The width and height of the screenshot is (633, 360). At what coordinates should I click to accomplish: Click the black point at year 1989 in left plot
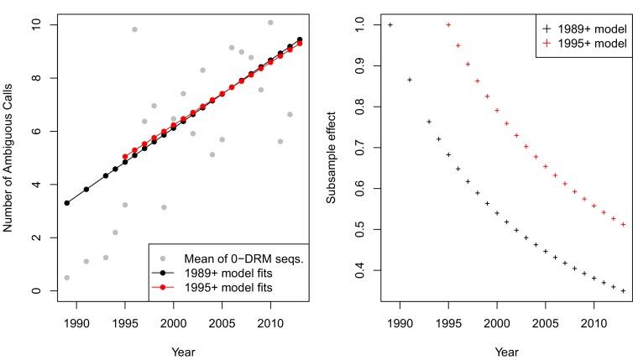click(x=66, y=203)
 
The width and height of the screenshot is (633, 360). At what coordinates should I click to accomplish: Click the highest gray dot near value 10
click(x=270, y=23)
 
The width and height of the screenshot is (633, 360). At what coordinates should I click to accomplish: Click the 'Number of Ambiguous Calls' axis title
click(x=13, y=159)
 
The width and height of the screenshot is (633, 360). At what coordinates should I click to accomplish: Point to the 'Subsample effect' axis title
click(x=332, y=159)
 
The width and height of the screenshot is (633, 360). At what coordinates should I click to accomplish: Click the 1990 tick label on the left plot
click(x=76, y=323)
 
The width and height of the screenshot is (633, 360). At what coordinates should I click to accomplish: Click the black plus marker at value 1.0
click(x=390, y=25)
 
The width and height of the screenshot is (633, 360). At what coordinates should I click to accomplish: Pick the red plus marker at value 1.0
click(x=448, y=25)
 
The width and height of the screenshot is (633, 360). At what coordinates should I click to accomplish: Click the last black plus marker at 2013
click(x=624, y=291)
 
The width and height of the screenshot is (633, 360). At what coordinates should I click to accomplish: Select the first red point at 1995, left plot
click(x=125, y=157)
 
